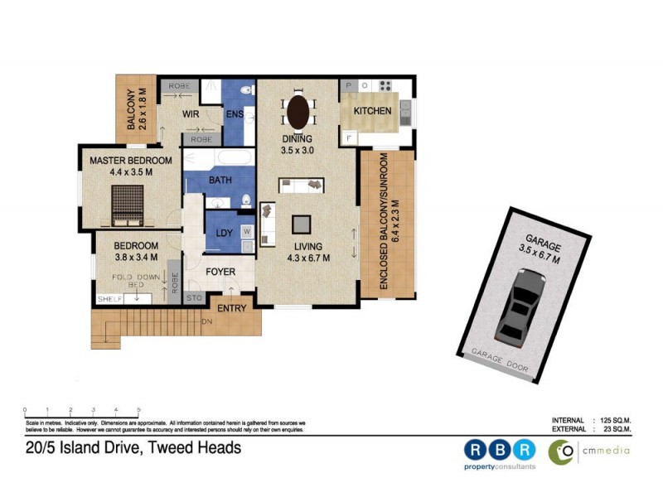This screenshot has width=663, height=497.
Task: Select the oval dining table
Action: click(x=298, y=110)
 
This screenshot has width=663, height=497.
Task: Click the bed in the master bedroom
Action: click(x=129, y=205)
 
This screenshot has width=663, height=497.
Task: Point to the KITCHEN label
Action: click(x=372, y=111)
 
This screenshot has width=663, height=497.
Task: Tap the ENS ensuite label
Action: click(x=235, y=113)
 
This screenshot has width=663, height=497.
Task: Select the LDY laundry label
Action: click(x=224, y=233)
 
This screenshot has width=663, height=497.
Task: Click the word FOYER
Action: click(x=220, y=272)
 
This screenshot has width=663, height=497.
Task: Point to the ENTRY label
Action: click(x=231, y=308)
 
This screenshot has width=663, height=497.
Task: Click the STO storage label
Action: click(x=194, y=297)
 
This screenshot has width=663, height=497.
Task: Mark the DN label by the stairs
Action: click(x=206, y=321)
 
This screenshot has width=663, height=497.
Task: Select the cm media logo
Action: click(x=588, y=451)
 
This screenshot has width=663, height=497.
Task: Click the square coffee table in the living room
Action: click(x=302, y=223)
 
